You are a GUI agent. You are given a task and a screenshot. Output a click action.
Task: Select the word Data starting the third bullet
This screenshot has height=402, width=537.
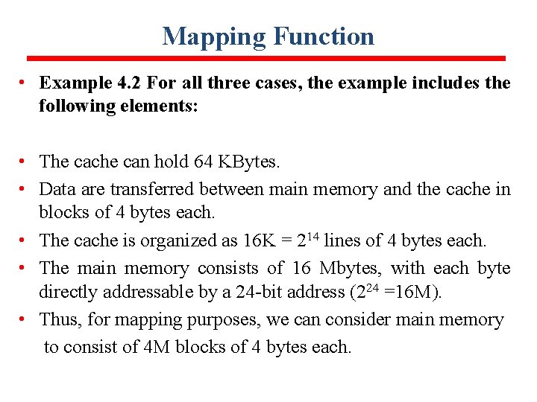(x=57, y=189)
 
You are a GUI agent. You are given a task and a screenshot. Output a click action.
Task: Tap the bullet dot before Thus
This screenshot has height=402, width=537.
(x=25, y=320)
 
